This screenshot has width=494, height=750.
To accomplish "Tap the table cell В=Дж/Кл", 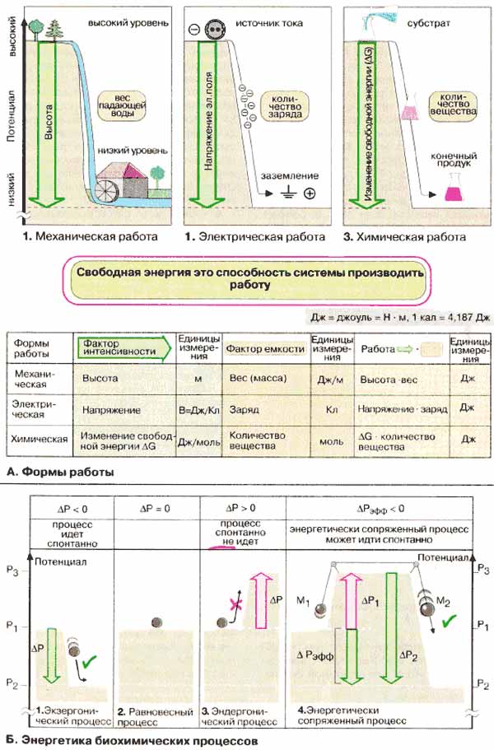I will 198,408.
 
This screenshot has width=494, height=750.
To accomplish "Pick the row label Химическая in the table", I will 42,439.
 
